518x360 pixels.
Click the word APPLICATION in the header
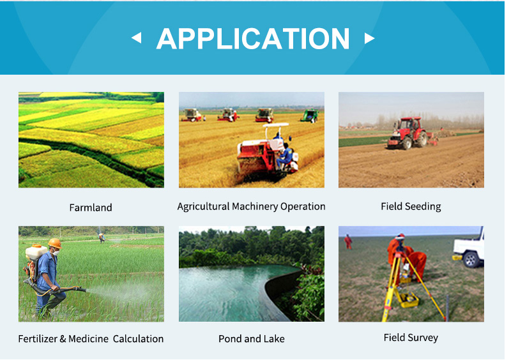(253, 39)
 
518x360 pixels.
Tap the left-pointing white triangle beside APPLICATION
(137, 38)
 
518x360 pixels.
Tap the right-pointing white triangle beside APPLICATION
(369, 38)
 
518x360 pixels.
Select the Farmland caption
(91, 207)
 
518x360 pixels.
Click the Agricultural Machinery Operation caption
(251, 206)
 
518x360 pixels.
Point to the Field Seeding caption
(411, 206)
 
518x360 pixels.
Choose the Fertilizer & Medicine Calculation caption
(91, 339)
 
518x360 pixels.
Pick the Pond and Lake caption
(252, 339)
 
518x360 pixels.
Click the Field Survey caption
(411, 338)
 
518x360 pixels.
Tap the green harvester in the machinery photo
(310, 116)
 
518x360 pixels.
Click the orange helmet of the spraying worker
(55, 243)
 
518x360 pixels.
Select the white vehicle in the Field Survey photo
(468, 248)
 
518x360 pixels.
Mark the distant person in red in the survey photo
(348, 241)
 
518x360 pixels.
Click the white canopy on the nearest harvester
(276, 126)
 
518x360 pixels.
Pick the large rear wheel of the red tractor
(421, 139)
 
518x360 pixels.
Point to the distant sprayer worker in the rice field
(102, 237)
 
